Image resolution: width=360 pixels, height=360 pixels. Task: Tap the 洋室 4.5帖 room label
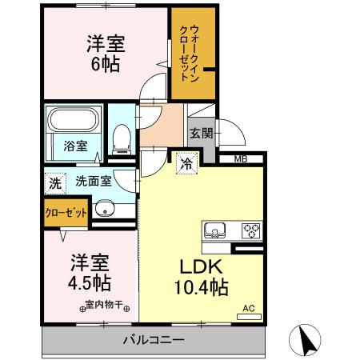coord(90,272)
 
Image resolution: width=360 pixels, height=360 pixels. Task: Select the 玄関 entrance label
coord(201,134)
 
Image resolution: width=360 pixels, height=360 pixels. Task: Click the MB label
coord(241,159)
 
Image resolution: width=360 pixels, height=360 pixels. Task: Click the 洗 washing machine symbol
coord(54,182)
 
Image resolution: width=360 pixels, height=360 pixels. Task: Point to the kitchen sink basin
coord(214,230)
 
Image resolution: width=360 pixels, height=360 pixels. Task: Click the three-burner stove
coord(250,230)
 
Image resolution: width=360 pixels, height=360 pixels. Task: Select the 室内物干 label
coord(108,306)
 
